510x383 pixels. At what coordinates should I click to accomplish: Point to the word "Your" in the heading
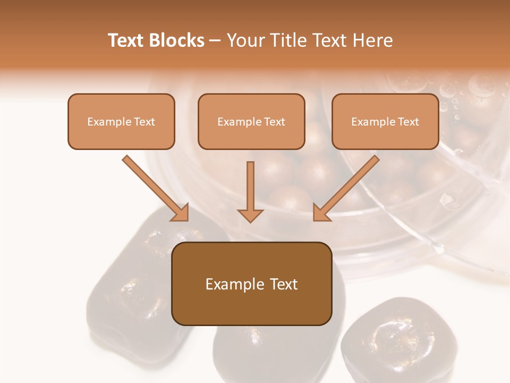[245, 40]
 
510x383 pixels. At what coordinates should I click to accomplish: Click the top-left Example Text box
[121, 121]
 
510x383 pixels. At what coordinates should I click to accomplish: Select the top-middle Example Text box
[251, 121]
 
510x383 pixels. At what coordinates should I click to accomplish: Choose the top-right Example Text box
[385, 121]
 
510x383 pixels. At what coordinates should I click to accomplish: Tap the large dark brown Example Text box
[251, 284]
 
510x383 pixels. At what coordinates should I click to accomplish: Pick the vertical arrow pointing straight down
[250, 189]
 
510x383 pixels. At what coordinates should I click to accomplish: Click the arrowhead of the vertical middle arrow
[250, 215]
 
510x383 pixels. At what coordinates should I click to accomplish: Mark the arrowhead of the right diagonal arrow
[321, 212]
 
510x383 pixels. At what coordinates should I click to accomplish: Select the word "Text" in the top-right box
[409, 122]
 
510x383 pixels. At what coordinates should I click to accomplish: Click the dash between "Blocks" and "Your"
[215, 41]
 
